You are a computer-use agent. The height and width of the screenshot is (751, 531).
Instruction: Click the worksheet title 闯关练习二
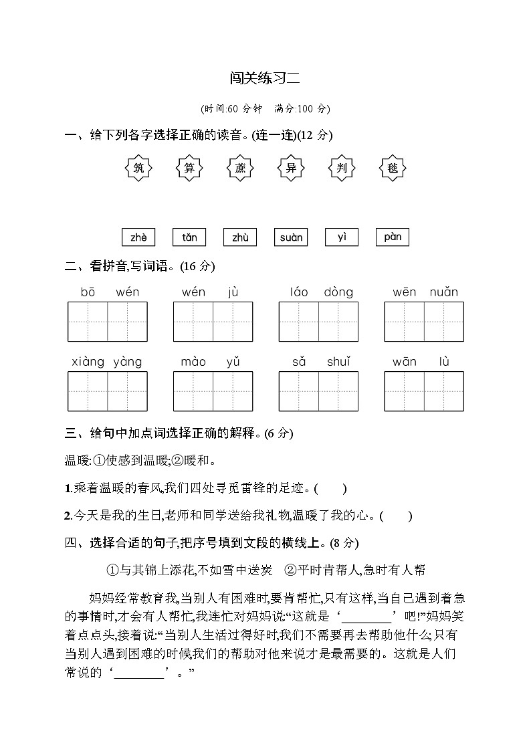[x=265, y=79]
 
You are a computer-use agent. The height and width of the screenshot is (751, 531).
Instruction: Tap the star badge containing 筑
[x=139, y=168]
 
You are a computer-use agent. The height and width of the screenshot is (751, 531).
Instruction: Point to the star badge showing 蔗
[x=240, y=168]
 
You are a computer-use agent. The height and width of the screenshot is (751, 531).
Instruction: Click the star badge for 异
[x=291, y=168]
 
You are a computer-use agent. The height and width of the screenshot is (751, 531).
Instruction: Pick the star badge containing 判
[x=342, y=168]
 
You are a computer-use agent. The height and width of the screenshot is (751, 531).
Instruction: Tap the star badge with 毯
[x=393, y=168]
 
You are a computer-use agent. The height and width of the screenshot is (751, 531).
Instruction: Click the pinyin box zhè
[x=139, y=237]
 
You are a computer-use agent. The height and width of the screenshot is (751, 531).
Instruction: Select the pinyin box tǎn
[x=189, y=237]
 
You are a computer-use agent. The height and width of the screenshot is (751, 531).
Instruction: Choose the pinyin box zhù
[x=240, y=237]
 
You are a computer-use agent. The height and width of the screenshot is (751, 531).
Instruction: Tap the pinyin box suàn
[x=291, y=237]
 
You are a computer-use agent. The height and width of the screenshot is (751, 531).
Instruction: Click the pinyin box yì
[x=342, y=237]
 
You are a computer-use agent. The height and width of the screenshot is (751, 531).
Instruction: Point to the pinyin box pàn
[x=393, y=237]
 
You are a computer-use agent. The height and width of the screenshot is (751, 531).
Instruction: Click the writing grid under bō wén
[x=108, y=322]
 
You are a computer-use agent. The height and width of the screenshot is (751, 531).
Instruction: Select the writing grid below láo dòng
[x=318, y=322]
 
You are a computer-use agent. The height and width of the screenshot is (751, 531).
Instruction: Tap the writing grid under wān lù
[x=424, y=391]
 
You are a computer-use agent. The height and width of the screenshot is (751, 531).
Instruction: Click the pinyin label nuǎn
[x=443, y=292]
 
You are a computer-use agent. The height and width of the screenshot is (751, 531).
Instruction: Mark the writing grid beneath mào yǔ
[x=213, y=391]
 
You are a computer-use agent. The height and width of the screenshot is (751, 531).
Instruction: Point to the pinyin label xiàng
[x=88, y=362]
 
